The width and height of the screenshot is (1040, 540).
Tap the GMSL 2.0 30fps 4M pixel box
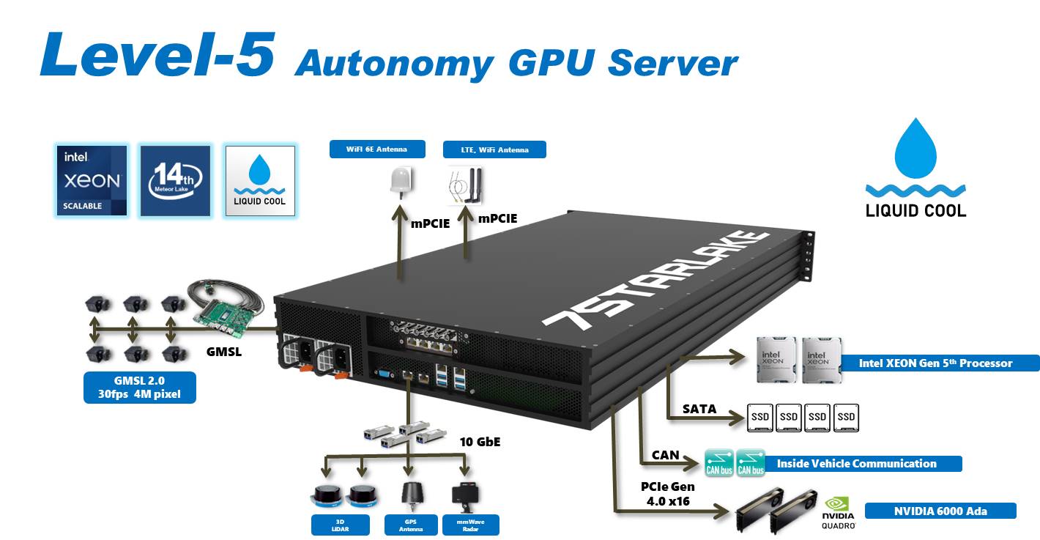pos(140,388)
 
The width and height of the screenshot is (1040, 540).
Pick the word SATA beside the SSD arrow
pos(699,409)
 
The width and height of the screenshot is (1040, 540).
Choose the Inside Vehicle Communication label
pos(856,463)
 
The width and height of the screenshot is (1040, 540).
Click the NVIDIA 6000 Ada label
pos(940,511)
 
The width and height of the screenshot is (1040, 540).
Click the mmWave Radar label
pos(471,525)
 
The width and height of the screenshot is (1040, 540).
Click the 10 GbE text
pos(480,442)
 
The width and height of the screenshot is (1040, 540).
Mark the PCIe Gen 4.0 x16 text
pos(666,494)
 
